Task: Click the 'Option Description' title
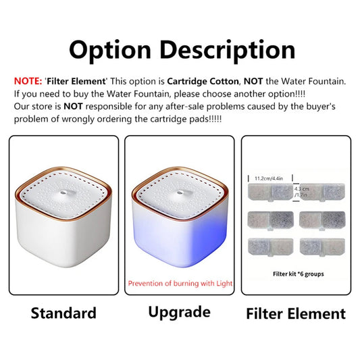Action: point(181,49)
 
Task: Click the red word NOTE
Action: point(28,81)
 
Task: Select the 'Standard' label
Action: point(63,313)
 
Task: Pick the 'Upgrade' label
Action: point(178,312)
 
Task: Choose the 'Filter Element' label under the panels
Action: point(295,313)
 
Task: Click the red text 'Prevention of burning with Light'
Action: point(178,284)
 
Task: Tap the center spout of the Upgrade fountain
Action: point(178,193)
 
